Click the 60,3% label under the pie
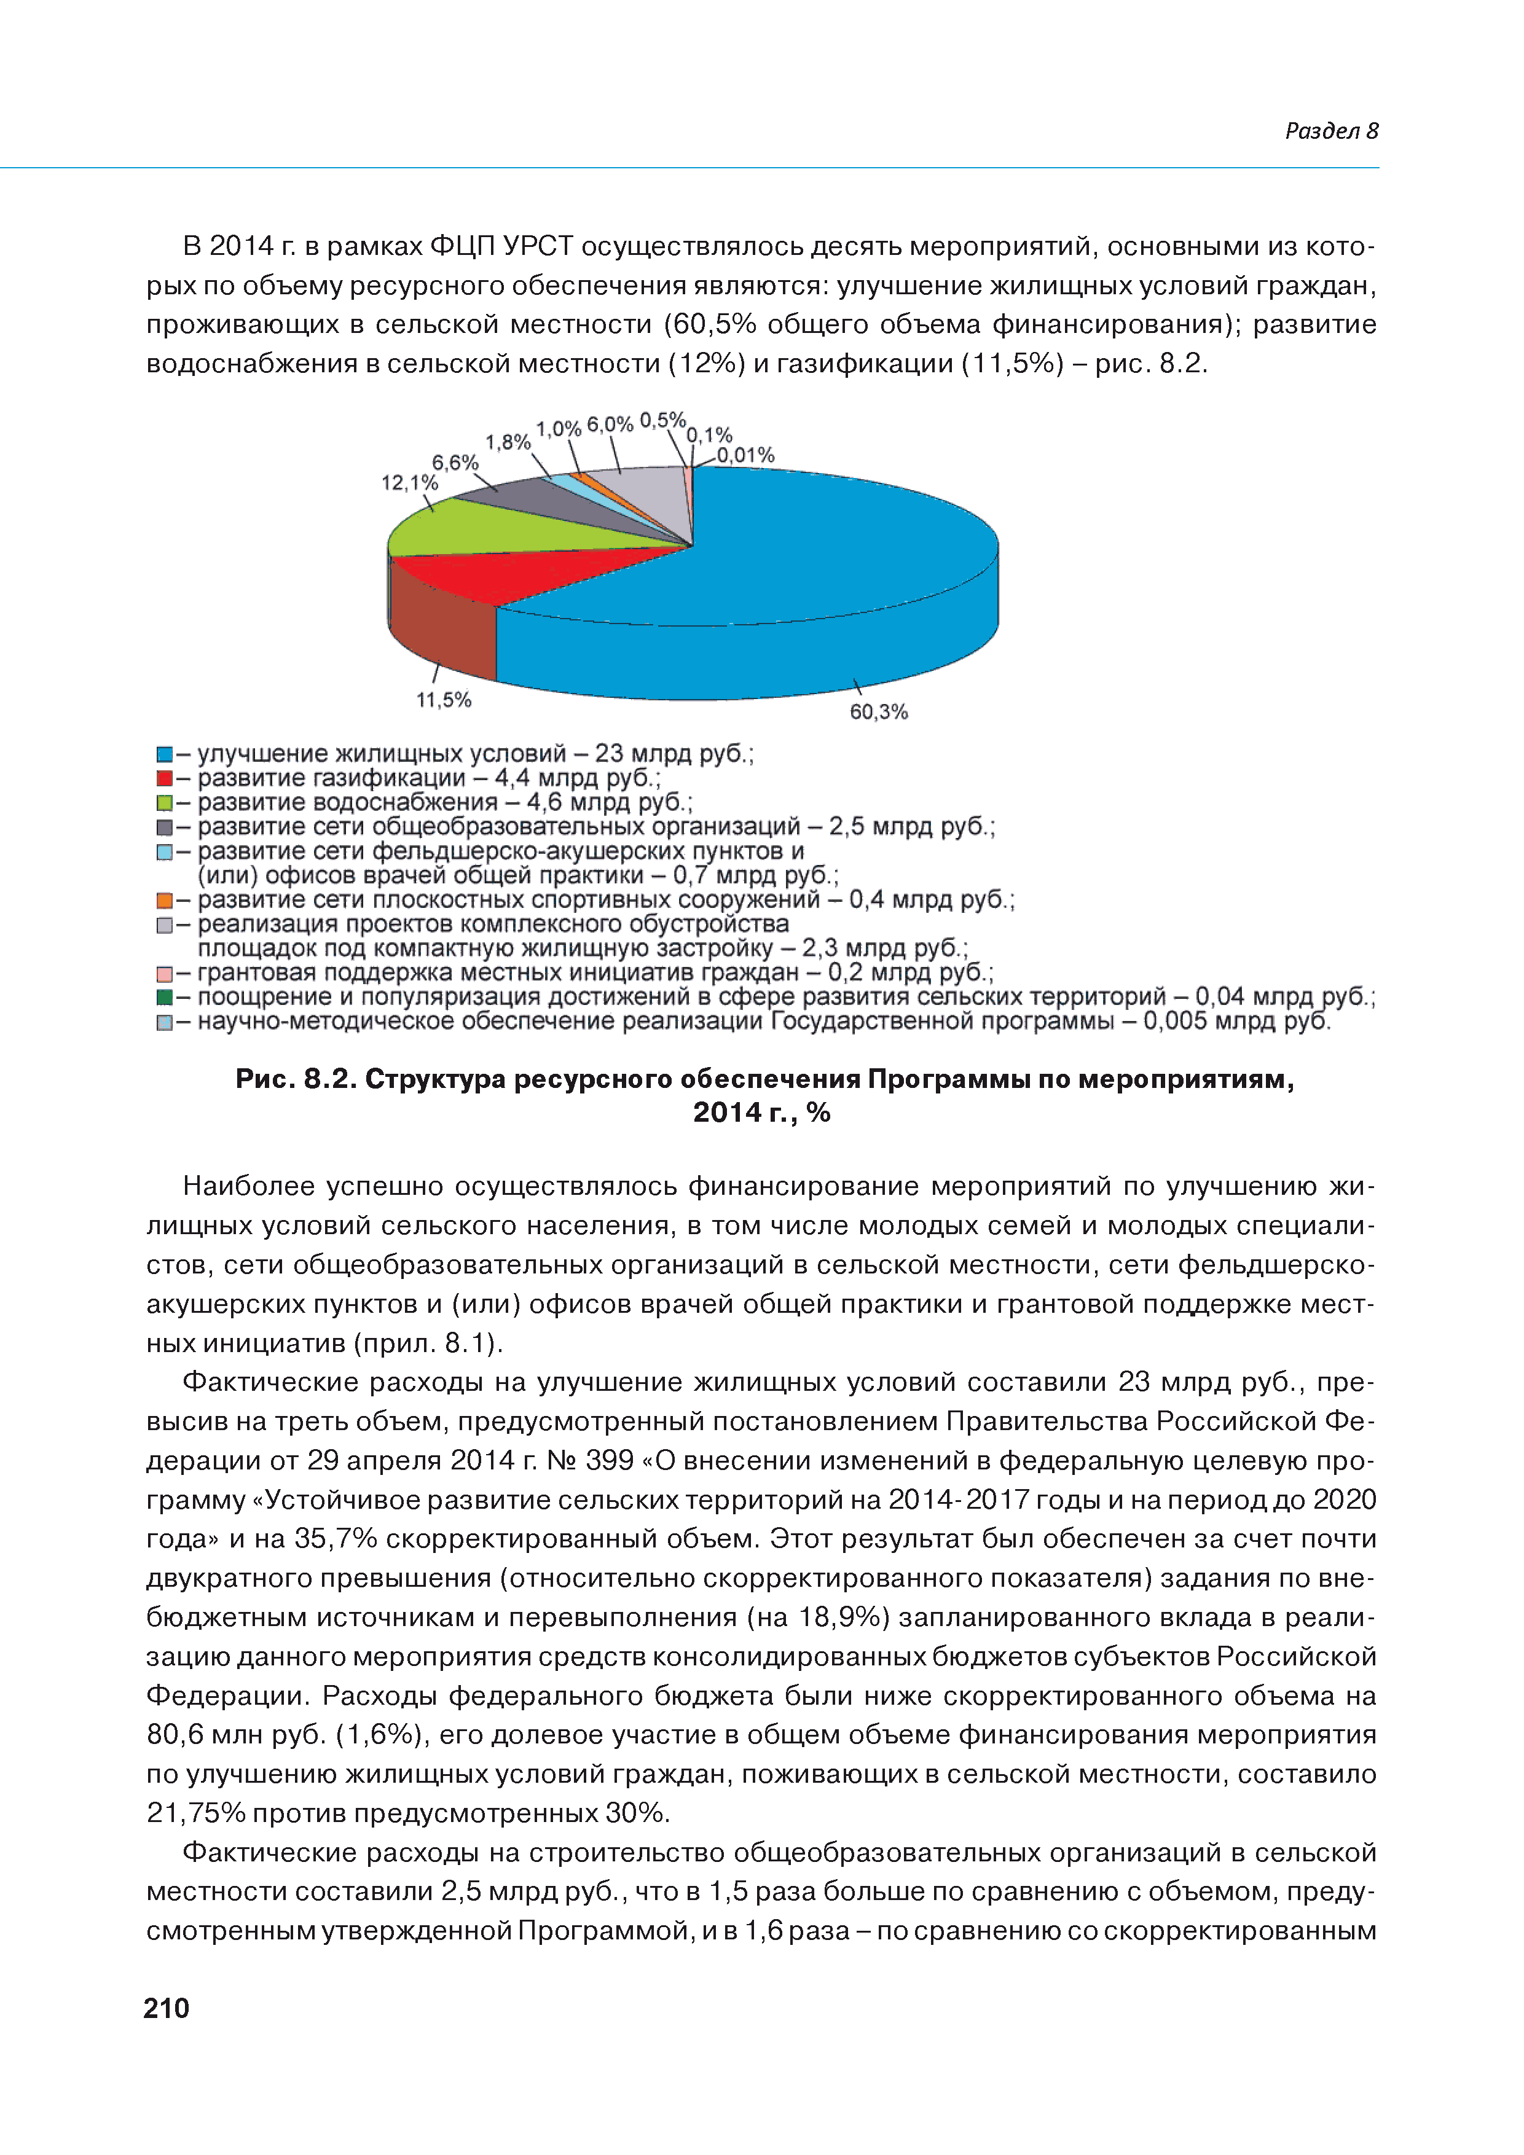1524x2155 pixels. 878,713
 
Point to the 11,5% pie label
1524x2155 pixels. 443,700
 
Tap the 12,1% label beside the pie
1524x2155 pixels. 409,482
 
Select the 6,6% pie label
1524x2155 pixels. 455,463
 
